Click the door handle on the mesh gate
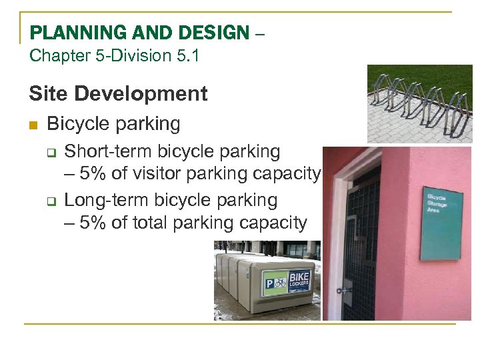point(345,289)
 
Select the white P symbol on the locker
point(270,283)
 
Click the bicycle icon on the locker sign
point(281,283)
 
